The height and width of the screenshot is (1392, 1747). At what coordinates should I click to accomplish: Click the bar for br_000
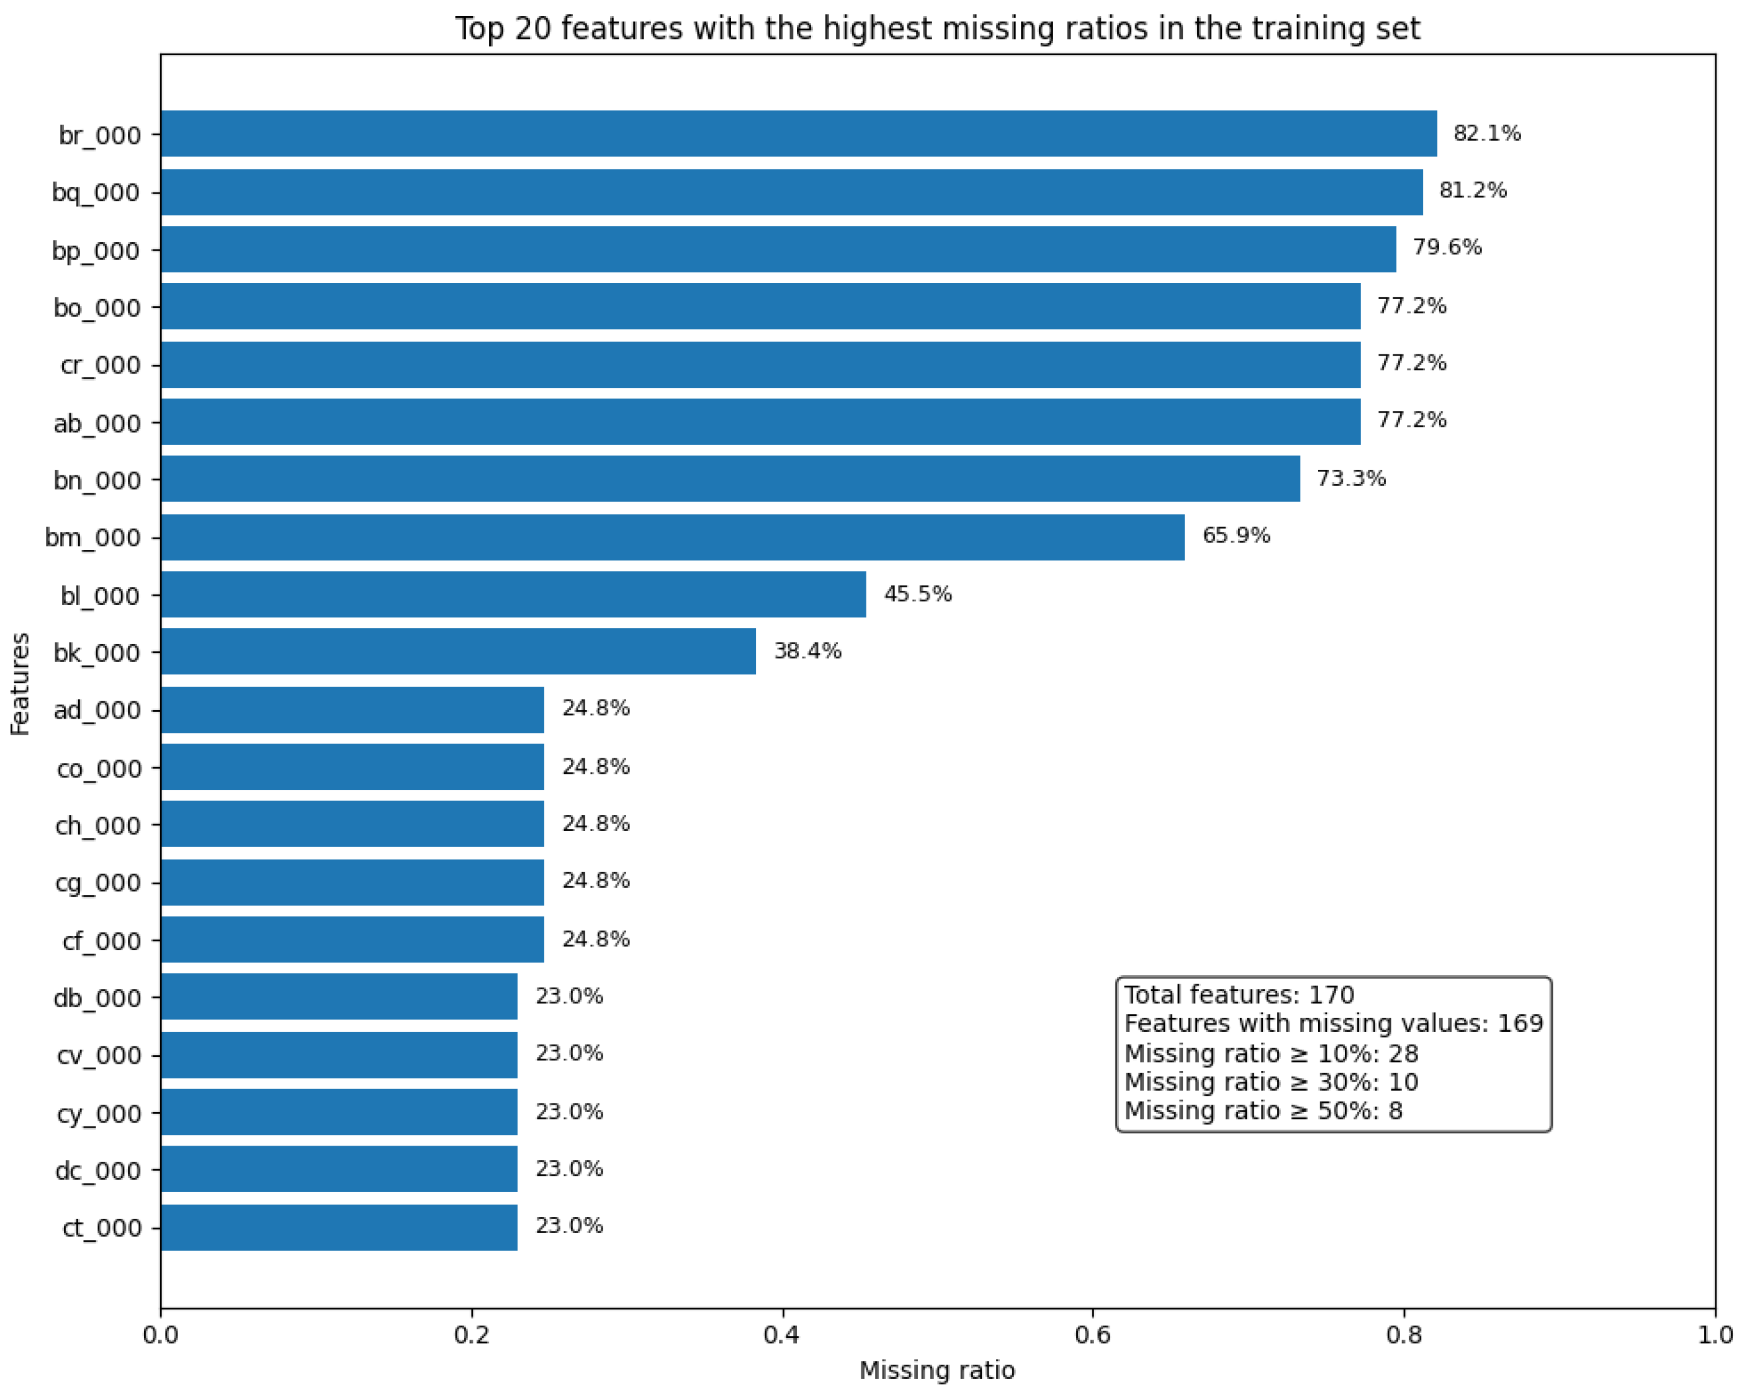(x=798, y=133)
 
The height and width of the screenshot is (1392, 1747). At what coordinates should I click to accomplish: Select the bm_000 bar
(x=673, y=537)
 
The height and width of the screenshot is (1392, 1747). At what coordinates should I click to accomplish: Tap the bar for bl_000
(x=513, y=595)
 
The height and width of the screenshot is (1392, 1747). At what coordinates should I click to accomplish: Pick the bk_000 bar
(x=458, y=652)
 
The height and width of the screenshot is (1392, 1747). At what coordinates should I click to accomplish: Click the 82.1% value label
(x=1487, y=133)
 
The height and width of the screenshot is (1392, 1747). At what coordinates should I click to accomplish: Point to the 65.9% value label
(x=1236, y=536)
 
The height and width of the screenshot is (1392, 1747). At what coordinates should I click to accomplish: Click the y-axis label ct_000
(x=101, y=1228)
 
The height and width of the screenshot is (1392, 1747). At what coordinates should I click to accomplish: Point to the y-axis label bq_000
(x=96, y=193)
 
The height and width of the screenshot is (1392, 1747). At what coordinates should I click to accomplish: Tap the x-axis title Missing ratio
(x=936, y=1370)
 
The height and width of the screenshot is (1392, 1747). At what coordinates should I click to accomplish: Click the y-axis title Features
(x=19, y=684)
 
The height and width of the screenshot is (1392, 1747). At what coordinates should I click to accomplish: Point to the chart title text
(x=936, y=29)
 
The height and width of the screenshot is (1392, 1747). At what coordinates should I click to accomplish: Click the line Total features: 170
(x=1239, y=995)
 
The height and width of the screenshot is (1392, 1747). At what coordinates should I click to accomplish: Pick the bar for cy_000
(x=339, y=1113)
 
